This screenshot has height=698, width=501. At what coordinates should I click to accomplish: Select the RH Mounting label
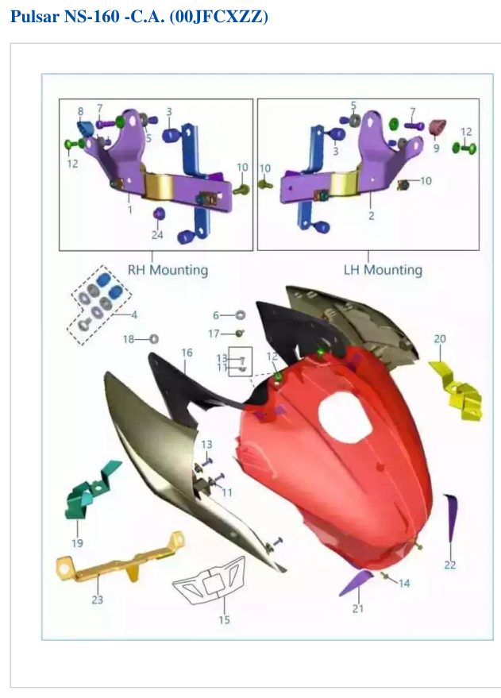(x=168, y=270)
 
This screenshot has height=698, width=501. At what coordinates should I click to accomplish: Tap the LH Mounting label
(x=383, y=269)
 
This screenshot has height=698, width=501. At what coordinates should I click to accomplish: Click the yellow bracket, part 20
(x=457, y=391)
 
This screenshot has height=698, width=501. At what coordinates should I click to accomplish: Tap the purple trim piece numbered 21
(x=357, y=581)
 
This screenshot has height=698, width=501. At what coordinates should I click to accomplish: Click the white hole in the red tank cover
(x=345, y=416)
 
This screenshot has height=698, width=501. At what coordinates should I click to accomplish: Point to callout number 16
(x=187, y=353)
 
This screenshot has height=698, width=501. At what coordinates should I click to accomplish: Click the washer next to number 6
(x=240, y=315)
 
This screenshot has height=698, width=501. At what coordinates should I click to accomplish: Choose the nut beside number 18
(x=153, y=339)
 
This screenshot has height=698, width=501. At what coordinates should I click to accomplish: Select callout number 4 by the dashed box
(x=134, y=314)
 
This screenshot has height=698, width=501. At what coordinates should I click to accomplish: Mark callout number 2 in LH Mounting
(x=371, y=215)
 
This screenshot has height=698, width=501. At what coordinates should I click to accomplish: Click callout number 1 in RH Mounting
(x=130, y=209)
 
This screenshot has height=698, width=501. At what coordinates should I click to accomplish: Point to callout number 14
(x=404, y=583)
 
